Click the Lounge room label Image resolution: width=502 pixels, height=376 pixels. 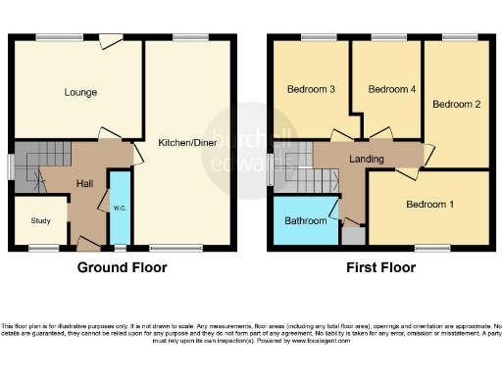tap(80, 93)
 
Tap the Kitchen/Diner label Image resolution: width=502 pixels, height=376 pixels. tap(186, 142)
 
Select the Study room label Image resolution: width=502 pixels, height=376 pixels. tap(40, 220)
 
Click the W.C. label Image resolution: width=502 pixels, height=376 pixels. tap(120, 208)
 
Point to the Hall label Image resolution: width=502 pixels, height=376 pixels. tap(86, 182)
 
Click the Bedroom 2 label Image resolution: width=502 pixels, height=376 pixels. tap(456, 104)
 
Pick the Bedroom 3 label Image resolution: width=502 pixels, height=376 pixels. tap(311, 89)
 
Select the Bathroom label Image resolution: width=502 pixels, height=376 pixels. tap(305, 221)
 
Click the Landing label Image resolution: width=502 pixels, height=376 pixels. tap(366, 159)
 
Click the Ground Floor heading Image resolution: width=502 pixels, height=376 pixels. tap(123, 267)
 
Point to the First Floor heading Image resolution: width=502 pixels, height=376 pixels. tap(379, 267)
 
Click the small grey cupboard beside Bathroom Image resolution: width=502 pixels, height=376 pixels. tap(352, 236)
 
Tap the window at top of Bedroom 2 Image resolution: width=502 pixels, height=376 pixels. tap(456, 38)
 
